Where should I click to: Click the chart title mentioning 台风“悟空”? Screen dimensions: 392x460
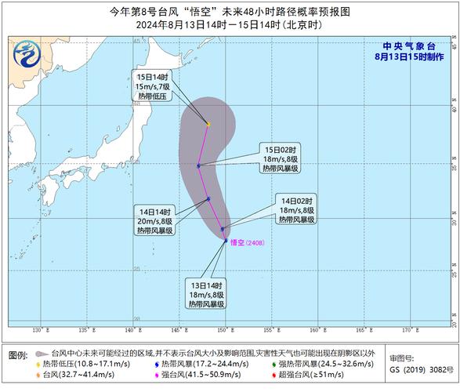[230, 12]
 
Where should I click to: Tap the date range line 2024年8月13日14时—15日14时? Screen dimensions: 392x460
[230, 25]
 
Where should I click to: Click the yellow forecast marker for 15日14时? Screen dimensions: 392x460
[208, 124]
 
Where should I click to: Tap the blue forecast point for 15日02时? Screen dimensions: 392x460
[199, 165]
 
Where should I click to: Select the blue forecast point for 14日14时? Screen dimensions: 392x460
[208, 199]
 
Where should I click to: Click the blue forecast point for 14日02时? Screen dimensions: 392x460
[223, 229]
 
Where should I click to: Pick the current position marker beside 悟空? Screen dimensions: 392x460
[226, 241]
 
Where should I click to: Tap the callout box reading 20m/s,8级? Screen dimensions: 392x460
[157, 220]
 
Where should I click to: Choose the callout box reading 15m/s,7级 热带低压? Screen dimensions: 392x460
[150, 84]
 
